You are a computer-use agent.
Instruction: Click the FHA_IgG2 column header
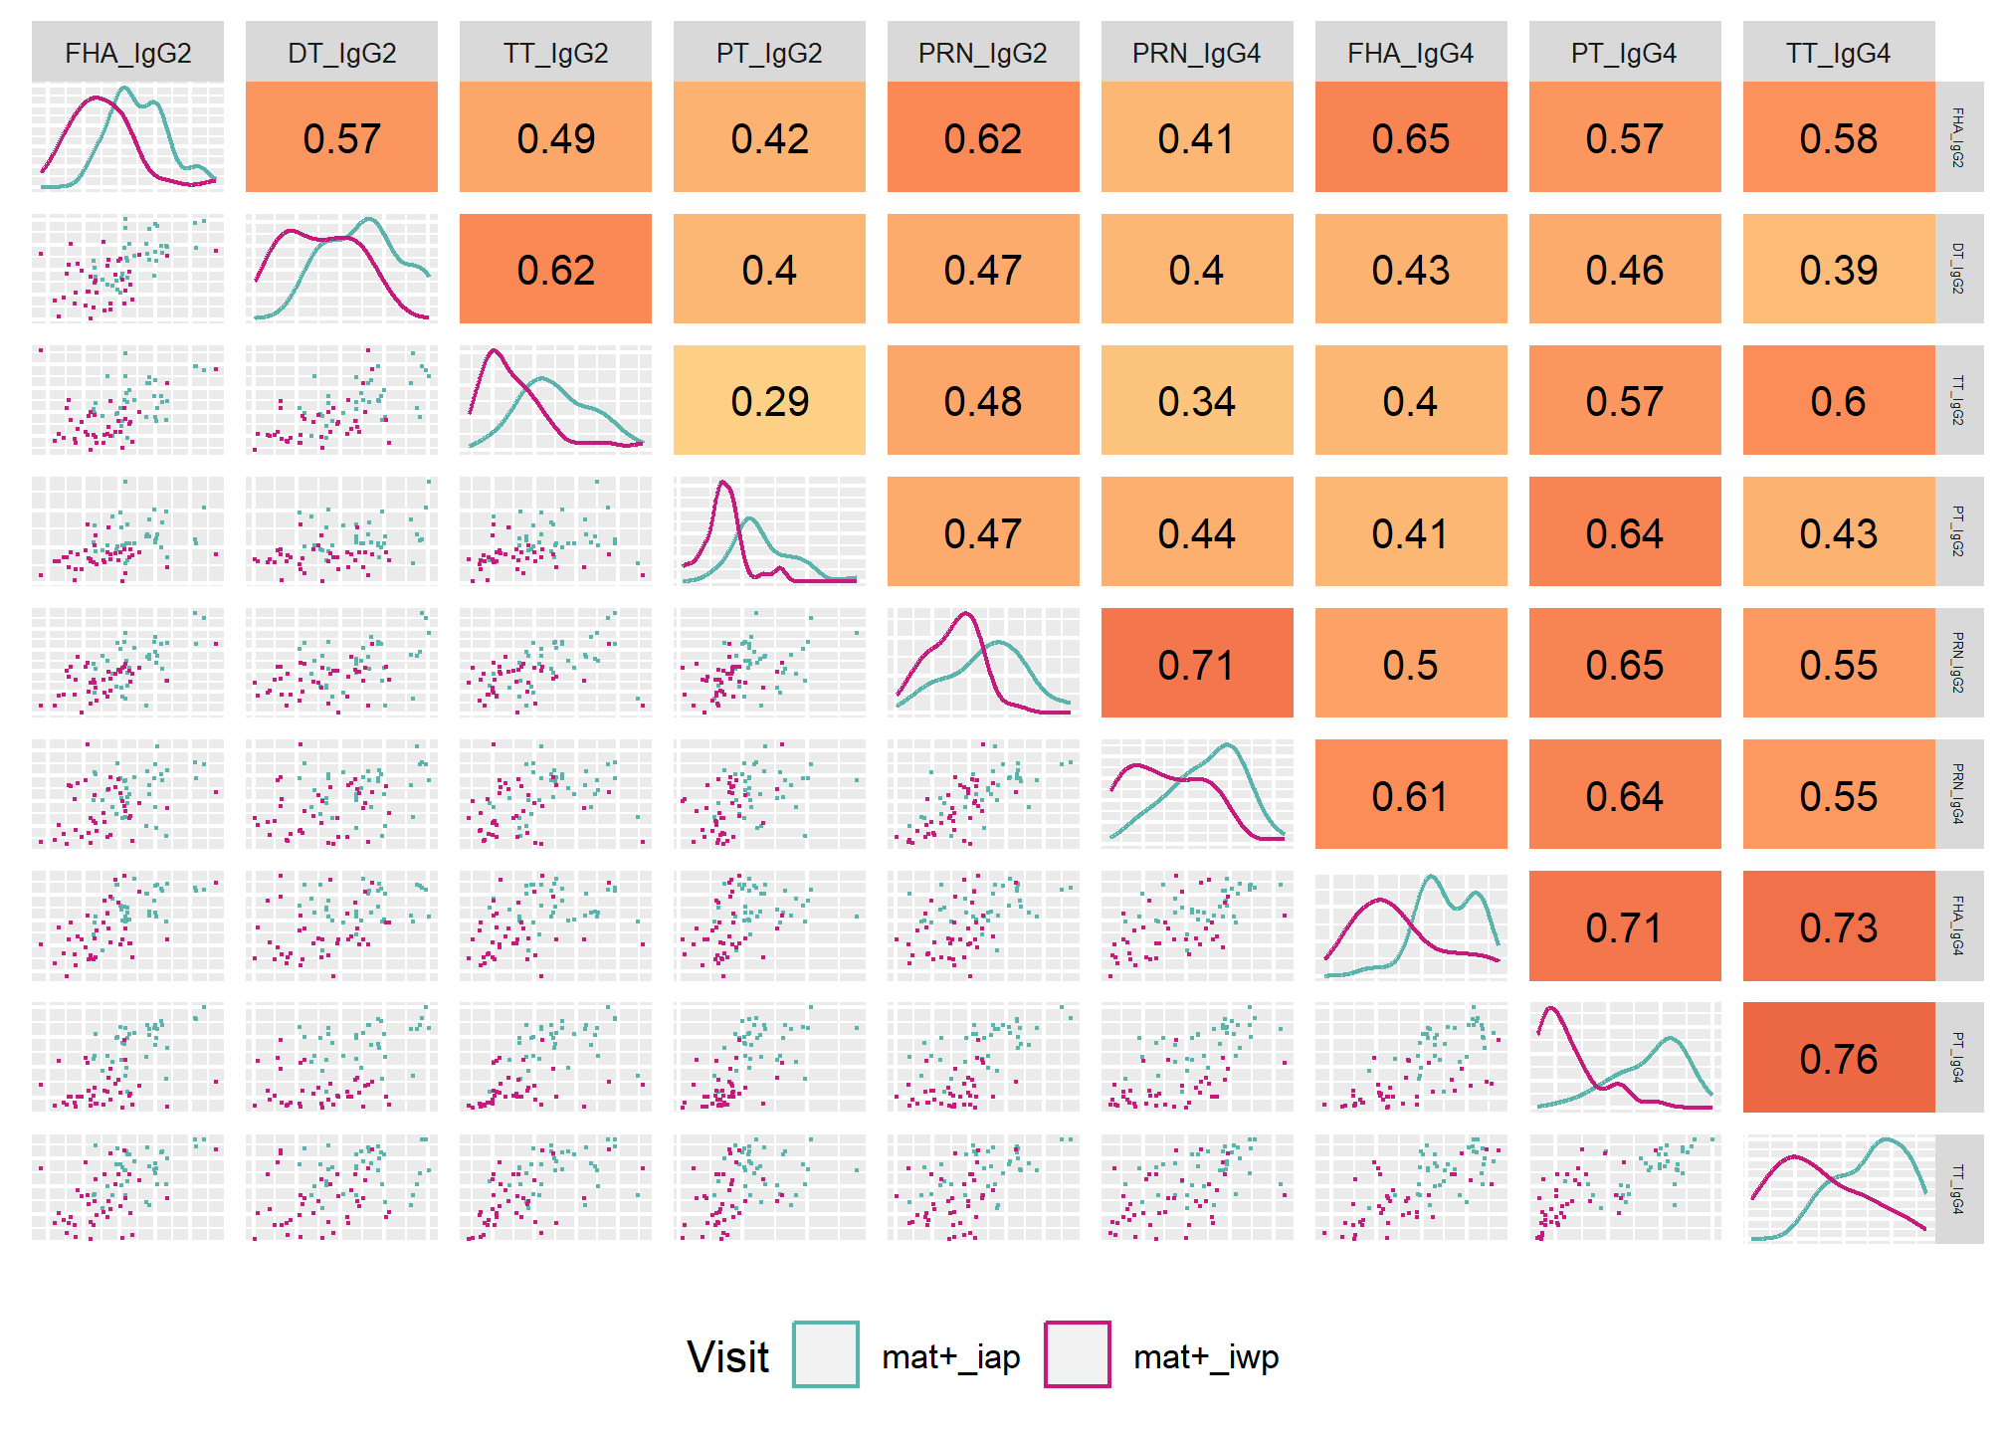127,53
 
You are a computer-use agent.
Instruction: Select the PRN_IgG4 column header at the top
1196,53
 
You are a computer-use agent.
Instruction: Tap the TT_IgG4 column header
1838,53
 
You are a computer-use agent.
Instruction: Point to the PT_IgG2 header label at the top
769,53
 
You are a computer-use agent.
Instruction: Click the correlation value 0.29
769,401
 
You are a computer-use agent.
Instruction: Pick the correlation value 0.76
1838,1059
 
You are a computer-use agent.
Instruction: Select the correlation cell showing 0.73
1838,927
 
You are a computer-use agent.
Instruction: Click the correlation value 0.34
1196,401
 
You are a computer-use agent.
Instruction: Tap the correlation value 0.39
1838,270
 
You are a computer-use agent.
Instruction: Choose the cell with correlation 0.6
1838,401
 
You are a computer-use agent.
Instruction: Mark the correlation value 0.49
555,138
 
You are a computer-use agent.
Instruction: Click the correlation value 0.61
1410,796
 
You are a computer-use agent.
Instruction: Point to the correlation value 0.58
1838,138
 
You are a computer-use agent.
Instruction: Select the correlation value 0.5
1410,665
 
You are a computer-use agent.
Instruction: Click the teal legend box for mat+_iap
825,1354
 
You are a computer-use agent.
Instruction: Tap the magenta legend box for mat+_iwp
1077,1354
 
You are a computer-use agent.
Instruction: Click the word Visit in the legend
727,1356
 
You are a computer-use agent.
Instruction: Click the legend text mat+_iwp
1206,1357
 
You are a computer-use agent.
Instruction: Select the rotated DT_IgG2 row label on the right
1957,269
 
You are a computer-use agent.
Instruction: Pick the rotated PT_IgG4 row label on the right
1957,1058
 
